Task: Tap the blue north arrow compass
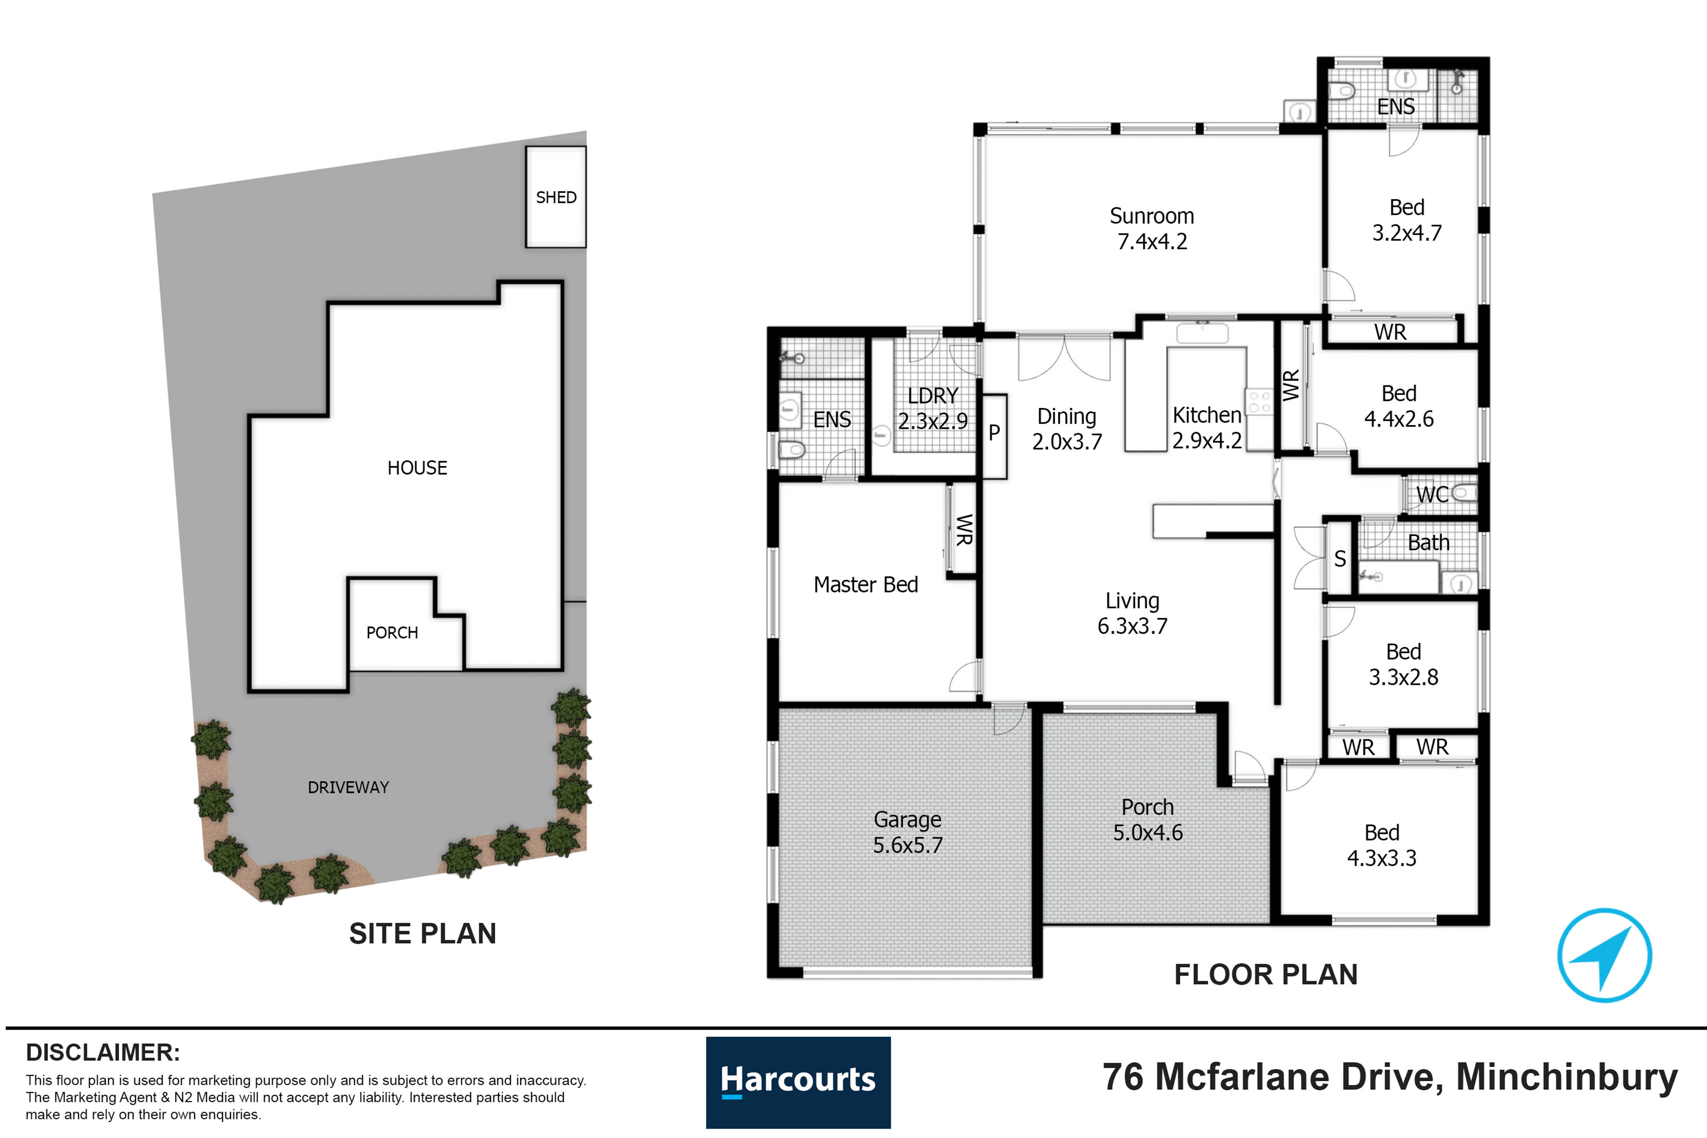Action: click(1604, 955)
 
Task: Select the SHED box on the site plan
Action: click(556, 197)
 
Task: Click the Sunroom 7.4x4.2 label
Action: click(1152, 228)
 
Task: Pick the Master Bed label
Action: click(866, 584)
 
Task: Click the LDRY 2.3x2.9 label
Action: click(932, 408)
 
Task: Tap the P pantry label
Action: click(994, 433)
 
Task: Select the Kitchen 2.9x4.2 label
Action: click(1207, 428)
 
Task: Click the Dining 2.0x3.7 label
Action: click(1067, 429)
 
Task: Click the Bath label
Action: click(1428, 543)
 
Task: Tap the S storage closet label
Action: click(1340, 559)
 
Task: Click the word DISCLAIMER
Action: click(103, 1052)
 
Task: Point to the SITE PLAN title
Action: click(422, 933)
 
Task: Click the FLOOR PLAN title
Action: click(1266, 975)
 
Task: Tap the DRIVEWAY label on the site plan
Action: click(348, 787)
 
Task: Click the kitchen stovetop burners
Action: click(1259, 402)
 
